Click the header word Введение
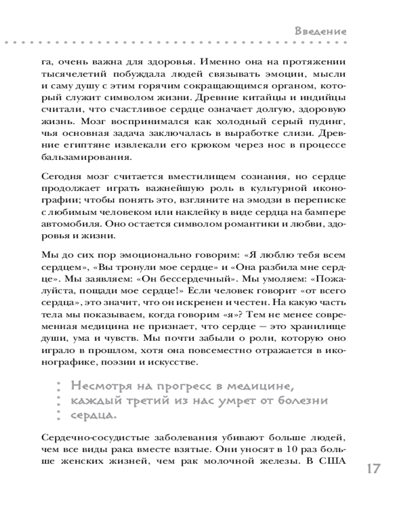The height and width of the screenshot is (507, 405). [321, 31]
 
